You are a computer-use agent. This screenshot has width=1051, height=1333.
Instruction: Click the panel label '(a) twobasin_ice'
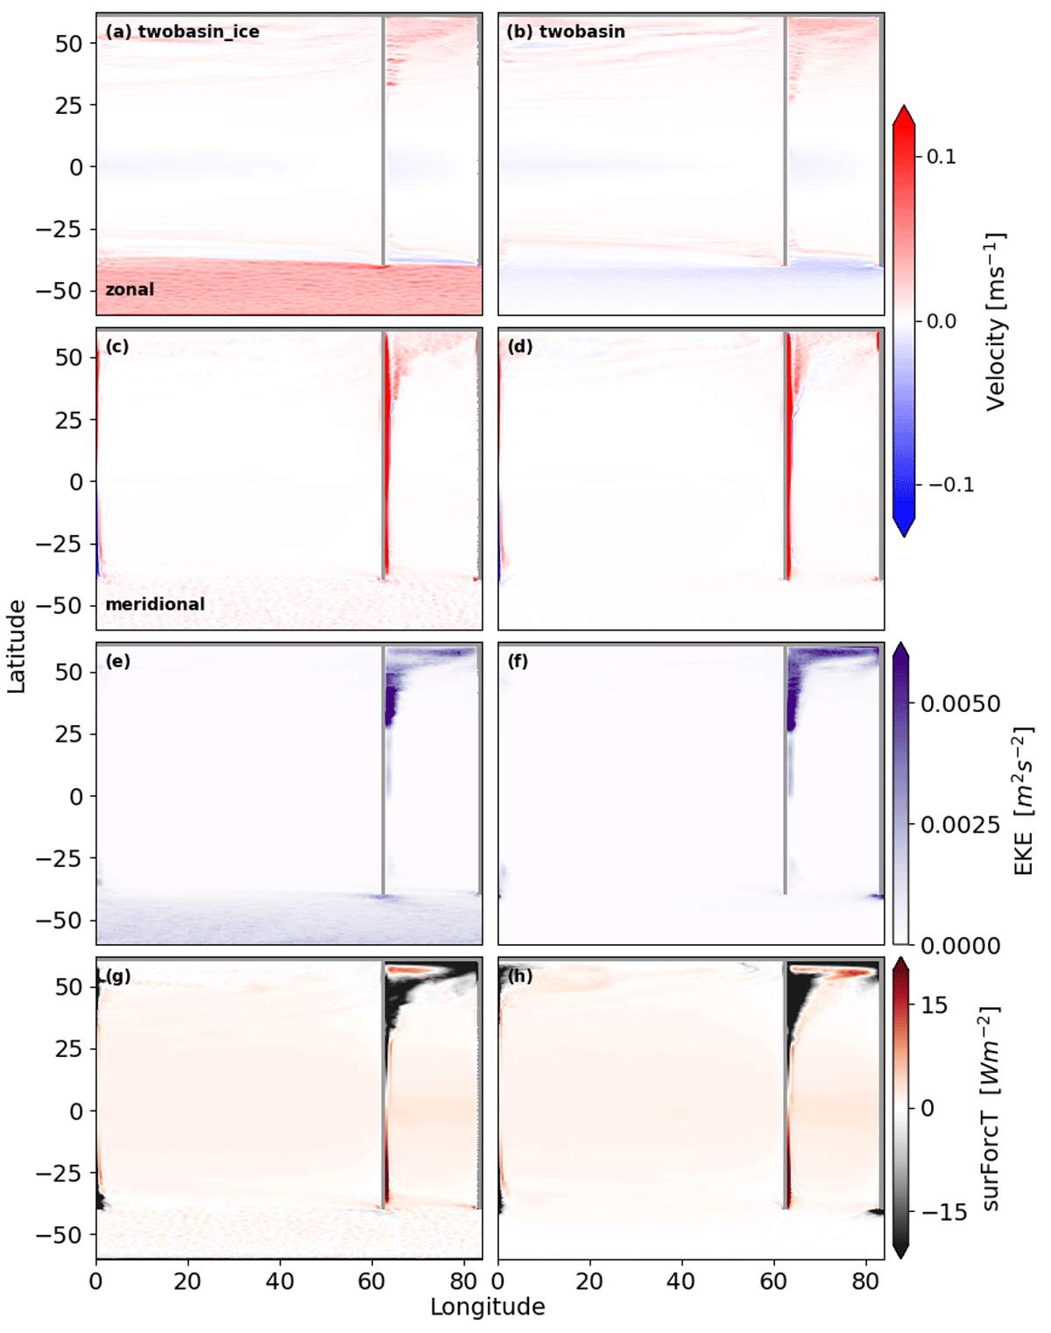coord(182,32)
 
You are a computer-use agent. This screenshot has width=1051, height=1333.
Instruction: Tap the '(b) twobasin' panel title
coord(566,32)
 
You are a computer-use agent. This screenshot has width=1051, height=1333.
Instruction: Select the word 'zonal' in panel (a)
coord(130,289)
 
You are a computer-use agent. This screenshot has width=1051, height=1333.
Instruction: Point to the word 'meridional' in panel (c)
coord(155,604)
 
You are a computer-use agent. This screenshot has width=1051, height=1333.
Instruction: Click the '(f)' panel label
coord(518,661)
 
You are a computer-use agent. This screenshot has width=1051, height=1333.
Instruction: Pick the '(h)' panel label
coord(519,977)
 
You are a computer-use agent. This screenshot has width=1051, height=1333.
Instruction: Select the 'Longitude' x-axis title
coord(488,1307)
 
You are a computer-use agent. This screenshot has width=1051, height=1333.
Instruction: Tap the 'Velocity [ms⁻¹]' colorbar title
coord(995,321)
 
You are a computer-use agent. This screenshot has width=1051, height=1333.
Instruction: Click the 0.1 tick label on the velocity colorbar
coord(941,156)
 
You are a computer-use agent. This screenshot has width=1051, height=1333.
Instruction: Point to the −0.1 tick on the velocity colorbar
coord(950,484)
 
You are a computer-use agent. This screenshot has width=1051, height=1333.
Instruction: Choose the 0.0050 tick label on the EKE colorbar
coord(960,703)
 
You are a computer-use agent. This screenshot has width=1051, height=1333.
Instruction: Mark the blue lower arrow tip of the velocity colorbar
coord(904,536)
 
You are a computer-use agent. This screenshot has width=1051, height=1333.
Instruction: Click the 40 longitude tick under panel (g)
coord(279,1280)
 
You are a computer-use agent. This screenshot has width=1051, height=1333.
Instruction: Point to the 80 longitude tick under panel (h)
coord(865,1280)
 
